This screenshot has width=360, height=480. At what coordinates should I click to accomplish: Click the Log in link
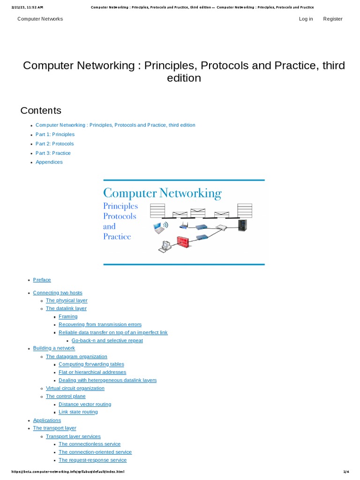tap(306, 19)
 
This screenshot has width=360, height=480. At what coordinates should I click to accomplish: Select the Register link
tap(333, 19)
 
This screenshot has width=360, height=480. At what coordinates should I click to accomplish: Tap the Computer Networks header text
tap(40, 19)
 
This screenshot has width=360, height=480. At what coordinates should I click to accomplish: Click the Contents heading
tap(41, 111)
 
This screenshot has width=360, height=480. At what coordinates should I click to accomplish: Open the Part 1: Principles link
tap(55, 135)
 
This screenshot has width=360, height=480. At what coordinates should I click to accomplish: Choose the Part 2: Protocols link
tap(54, 144)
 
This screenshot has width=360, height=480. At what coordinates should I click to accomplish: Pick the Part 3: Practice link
tap(53, 153)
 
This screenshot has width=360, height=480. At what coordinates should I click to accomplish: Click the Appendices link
tap(49, 162)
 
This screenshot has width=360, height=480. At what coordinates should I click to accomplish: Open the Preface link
tap(42, 280)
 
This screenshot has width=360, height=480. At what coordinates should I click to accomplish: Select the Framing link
tap(68, 316)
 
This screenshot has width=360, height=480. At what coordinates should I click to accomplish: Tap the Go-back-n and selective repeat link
tap(107, 340)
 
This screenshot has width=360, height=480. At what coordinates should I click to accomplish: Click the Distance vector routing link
tap(85, 404)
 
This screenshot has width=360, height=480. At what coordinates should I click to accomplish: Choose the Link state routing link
tap(78, 412)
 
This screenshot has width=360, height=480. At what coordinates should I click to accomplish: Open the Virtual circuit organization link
tap(75, 388)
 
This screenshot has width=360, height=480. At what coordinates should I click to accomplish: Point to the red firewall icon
tap(182, 242)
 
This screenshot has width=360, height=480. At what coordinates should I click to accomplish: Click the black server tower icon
tap(242, 225)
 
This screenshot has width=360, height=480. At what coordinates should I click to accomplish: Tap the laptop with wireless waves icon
tap(161, 228)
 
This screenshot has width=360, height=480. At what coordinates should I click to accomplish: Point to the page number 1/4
tap(346, 472)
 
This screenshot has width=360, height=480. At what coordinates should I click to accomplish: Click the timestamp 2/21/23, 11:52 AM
tap(27, 7)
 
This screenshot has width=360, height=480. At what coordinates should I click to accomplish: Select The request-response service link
tap(89, 460)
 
